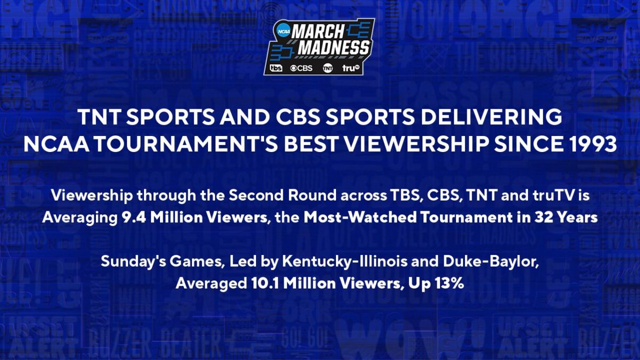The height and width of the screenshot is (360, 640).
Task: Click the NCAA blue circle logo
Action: [x=284, y=31]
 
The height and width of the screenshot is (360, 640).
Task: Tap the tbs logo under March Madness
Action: [x=276, y=68]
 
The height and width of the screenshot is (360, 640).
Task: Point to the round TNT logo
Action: [x=327, y=68]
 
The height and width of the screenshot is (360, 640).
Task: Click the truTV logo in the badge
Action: [x=351, y=68]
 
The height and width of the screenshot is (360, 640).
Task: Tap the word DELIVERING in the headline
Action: [x=491, y=117]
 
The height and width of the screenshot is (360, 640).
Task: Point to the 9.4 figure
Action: [x=134, y=218]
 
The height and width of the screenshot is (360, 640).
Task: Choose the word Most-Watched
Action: [x=360, y=218]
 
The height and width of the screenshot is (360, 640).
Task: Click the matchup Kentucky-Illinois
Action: [x=345, y=262]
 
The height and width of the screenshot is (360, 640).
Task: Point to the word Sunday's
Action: [x=133, y=262]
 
